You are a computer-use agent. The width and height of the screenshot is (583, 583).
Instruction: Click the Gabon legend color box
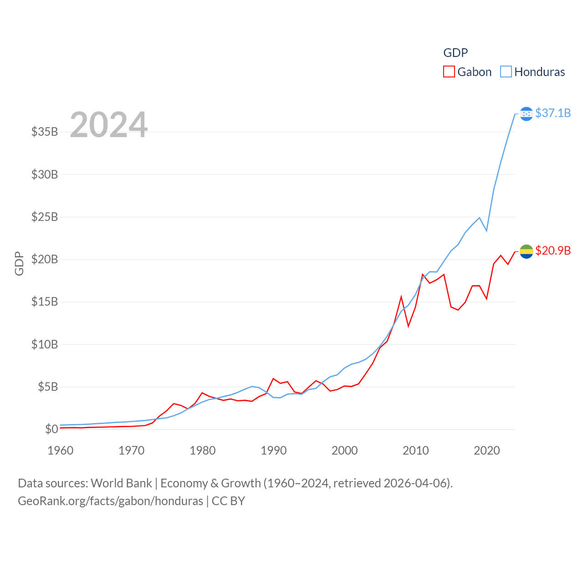click(x=449, y=72)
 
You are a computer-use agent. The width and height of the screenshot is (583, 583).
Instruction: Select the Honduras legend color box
click(x=506, y=72)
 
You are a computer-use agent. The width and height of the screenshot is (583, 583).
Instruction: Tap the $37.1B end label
click(x=553, y=113)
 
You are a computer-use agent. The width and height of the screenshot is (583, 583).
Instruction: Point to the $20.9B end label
click(x=553, y=251)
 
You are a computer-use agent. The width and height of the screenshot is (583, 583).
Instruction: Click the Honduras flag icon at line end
click(x=526, y=114)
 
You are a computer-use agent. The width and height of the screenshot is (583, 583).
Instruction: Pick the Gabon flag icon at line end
click(x=526, y=251)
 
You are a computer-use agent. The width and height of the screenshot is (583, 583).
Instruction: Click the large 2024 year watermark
click(x=108, y=125)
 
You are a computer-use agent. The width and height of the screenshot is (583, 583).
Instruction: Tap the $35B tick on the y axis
click(x=45, y=132)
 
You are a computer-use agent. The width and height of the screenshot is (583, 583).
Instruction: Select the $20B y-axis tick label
click(x=45, y=259)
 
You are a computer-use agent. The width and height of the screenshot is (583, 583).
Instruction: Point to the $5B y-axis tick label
click(x=48, y=387)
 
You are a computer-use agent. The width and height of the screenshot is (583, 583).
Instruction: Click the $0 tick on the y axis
click(x=51, y=429)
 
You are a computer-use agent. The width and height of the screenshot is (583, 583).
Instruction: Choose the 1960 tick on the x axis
click(x=61, y=450)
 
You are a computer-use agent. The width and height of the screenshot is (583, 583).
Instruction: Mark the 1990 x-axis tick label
click(x=274, y=450)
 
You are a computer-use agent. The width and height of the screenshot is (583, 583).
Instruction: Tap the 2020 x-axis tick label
click(x=487, y=450)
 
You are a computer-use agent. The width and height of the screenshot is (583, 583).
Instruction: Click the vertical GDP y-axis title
click(x=19, y=263)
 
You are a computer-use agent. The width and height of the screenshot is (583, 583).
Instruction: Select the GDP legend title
click(x=455, y=53)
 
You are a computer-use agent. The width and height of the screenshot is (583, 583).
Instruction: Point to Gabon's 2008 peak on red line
click(x=401, y=297)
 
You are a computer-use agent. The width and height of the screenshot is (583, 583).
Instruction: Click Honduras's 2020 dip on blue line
click(x=486, y=230)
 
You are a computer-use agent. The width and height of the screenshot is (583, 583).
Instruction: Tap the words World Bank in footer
click(x=121, y=483)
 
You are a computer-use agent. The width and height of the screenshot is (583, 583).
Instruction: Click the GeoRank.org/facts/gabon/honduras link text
click(x=110, y=501)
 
